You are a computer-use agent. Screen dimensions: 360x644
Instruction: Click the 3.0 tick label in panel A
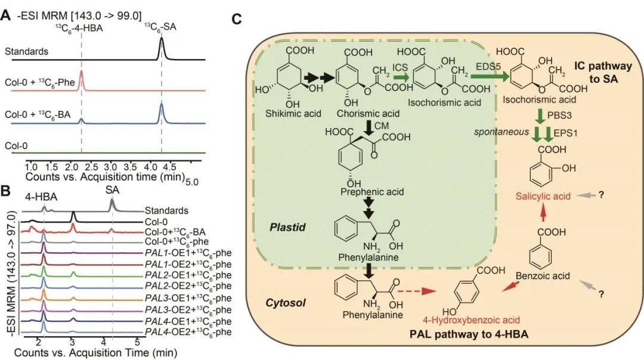coord(112,169)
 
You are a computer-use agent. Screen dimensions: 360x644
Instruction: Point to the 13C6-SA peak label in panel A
coord(160,26)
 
